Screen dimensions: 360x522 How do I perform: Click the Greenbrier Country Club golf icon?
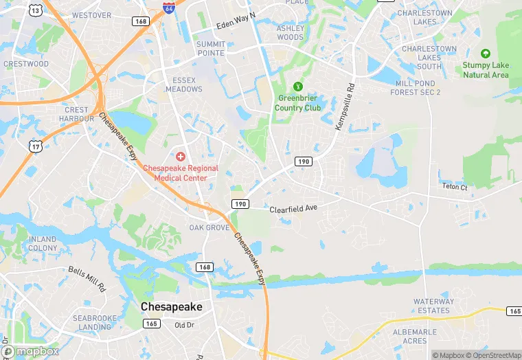[298, 87]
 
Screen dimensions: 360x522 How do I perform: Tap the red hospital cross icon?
[181, 157]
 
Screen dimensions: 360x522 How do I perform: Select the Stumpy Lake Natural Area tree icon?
[486, 54]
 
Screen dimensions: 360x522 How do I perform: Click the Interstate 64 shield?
[169, 8]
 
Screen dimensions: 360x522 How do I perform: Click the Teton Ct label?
[455, 187]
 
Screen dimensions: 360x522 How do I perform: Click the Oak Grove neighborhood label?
[209, 227]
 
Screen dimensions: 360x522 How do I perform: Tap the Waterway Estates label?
[434, 306]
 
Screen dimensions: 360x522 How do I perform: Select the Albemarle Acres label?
[411, 337]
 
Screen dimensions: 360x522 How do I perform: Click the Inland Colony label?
[43, 243]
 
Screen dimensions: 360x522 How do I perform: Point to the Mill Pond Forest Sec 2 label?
[418, 87]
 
